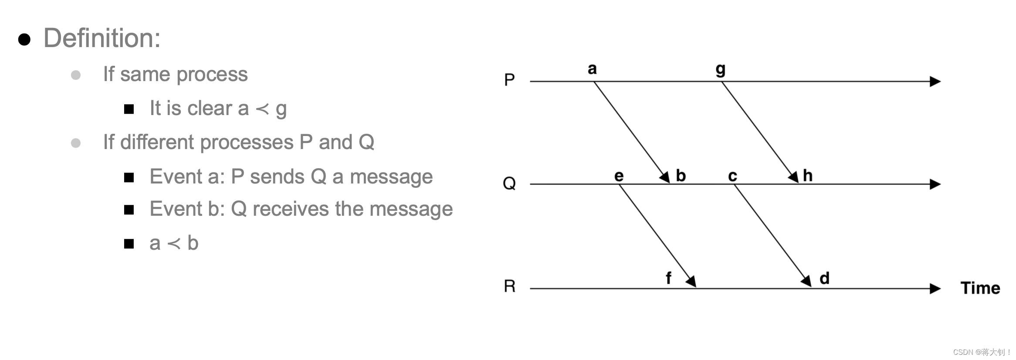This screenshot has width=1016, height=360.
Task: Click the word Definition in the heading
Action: tap(102, 38)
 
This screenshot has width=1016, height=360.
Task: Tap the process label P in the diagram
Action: tap(509, 80)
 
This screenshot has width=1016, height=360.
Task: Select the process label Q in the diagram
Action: tap(509, 183)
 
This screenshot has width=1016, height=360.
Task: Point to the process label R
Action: tap(509, 286)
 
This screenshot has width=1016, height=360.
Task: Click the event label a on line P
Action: tap(592, 69)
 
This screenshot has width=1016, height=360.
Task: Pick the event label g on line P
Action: tap(721, 70)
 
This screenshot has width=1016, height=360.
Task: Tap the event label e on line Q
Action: tap(619, 176)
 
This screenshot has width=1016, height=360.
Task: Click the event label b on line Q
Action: tap(681, 175)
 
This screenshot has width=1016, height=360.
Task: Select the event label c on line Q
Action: tap(732, 176)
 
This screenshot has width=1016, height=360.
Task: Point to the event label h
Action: tap(808, 175)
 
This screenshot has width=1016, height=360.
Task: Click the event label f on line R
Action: tap(668, 278)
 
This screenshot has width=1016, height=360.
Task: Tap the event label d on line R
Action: tap(824, 278)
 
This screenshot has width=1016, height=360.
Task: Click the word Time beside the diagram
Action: tap(980, 288)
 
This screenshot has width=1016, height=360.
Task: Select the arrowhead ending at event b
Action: tap(665, 177)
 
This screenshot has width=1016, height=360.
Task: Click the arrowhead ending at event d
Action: tap(806, 281)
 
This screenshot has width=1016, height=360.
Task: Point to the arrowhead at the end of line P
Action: tap(935, 82)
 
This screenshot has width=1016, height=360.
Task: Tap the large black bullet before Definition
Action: tap(24, 39)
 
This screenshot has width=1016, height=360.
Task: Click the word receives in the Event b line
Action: tap(291, 209)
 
